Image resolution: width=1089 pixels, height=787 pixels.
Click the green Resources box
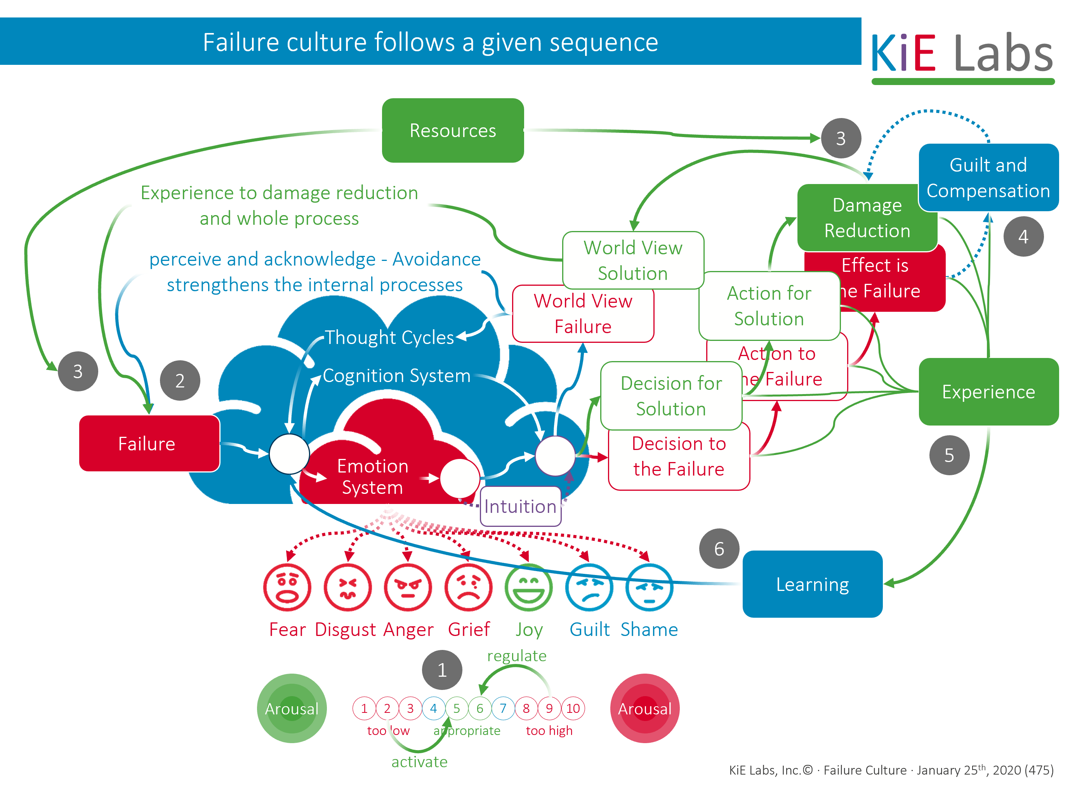point(452,130)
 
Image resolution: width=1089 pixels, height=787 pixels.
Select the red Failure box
point(149,443)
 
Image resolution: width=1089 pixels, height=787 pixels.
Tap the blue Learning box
point(813,584)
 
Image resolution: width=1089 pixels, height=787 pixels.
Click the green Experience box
point(988,392)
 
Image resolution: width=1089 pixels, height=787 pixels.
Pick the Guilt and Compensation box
point(988,178)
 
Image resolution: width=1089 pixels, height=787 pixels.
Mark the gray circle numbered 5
point(949,455)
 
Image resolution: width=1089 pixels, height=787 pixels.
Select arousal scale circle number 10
point(573,708)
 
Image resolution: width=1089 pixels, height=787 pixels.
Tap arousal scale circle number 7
point(503,708)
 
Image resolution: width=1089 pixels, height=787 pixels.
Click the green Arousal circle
point(292,708)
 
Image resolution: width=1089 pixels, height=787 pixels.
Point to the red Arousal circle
point(644,708)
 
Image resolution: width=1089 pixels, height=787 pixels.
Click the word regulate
point(517,656)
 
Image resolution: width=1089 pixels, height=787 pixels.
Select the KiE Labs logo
point(962,55)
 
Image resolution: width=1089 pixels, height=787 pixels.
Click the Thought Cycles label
point(389,337)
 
